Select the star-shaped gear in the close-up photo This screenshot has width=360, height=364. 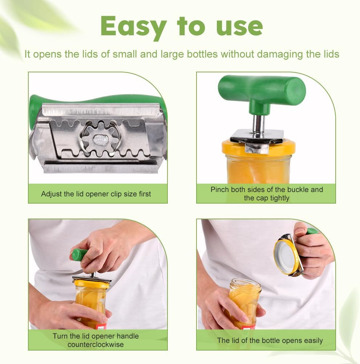[100, 139]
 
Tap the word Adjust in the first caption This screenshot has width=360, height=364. [49, 194]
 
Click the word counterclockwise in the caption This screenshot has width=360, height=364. [96, 344]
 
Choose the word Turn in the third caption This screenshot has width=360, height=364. [60, 336]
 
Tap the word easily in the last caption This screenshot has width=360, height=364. [313, 341]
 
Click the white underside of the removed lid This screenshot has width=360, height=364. [284, 255]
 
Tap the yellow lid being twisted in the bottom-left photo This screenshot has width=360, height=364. [92, 284]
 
